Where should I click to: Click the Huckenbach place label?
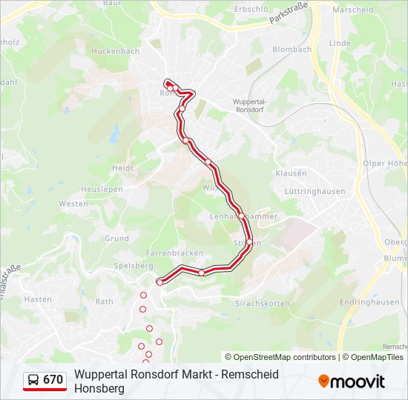[115, 51]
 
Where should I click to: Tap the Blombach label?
[292, 50]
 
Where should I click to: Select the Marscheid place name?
[352, 10]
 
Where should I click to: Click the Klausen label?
[291, 173]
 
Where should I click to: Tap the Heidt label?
[122, 168]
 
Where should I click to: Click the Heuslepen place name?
[102, 189]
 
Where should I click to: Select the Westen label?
[73, 204]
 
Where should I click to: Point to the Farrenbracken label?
[174, 253]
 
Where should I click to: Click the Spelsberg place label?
[134, 265]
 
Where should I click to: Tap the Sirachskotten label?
[262, 304]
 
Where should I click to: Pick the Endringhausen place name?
[369, 302]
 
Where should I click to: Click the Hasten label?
[38, 299]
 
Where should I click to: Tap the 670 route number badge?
[45, 381]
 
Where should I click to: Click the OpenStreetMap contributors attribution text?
[281, 357]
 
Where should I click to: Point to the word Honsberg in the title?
[100, 388]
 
